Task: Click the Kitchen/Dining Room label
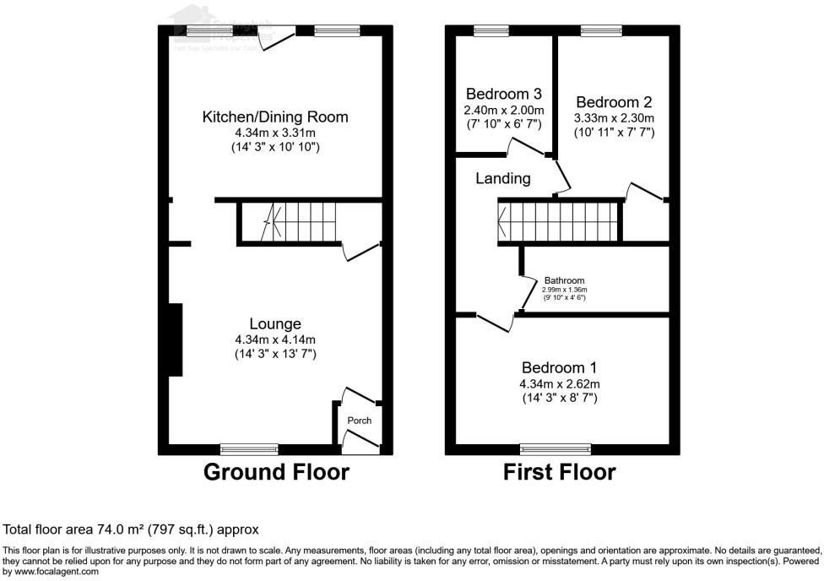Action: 274,117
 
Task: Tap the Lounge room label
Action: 275,323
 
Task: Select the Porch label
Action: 360,421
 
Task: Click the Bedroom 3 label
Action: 503,94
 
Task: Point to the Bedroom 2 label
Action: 613,102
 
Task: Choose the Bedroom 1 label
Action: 559,367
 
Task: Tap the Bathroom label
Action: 564,280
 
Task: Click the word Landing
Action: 503,178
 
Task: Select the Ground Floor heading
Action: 276,471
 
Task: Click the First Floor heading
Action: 559,471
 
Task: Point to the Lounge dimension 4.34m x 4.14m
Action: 275,339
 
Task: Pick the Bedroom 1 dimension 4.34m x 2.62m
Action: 559,383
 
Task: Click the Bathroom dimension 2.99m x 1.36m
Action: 564,290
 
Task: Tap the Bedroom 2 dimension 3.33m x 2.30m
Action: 614,118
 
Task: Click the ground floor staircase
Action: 287,221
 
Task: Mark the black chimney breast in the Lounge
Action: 175,339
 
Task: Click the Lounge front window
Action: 249,448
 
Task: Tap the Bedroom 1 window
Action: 556,448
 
